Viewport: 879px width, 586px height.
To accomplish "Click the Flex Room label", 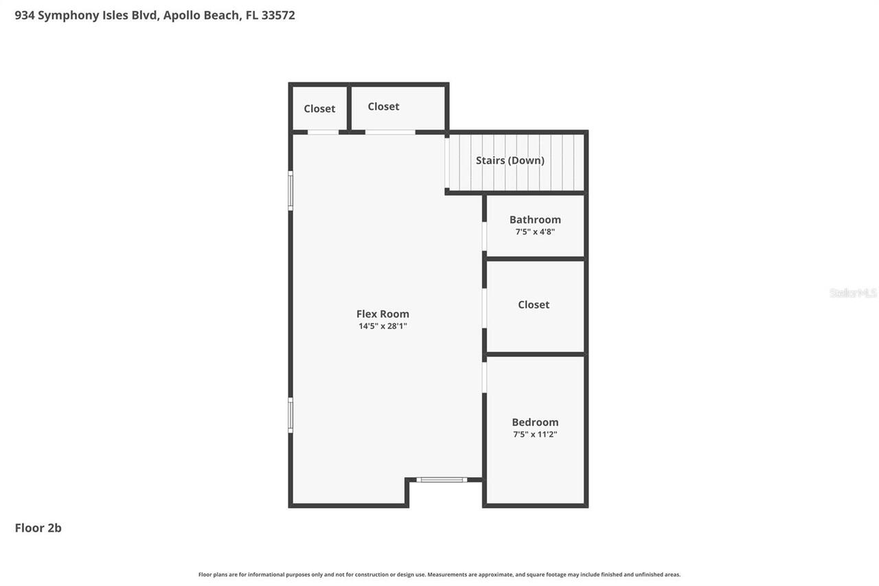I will click(x=383, y=314).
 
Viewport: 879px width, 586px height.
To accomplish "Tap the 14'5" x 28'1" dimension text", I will click(x=383, y=326).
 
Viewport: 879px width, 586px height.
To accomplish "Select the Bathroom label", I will click(x=535, y=220).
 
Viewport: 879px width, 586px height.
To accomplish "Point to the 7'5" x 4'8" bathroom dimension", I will click(x=535, y=232).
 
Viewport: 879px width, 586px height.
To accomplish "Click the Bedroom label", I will click(x=535, y=422).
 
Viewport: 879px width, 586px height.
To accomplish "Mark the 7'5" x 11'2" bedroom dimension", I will click(x=535, y=435).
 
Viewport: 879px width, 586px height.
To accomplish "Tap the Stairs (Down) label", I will click(x=510, y=161).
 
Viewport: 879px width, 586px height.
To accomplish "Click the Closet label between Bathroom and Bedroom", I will click(x=534, y=304).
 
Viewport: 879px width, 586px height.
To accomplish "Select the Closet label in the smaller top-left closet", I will click(x=319, y=109).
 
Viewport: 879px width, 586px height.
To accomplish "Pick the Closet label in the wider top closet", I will click(x=383, y=106).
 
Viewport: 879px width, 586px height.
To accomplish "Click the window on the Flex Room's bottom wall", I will click(x=442, y=480).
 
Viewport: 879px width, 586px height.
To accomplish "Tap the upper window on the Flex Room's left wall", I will click(x=290, y=191).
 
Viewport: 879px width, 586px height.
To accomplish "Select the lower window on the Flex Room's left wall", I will click(x=290, y=416).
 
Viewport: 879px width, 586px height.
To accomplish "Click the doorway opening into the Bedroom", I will click(x=484, y=377).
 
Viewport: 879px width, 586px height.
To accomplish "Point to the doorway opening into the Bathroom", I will click(x=484, y=236).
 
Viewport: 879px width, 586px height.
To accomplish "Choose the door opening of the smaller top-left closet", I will click(x=323, y=132).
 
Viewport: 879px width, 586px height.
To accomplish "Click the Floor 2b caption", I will click(x=38, y=528).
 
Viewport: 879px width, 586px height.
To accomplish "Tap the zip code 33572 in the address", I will click(x=278, y=15).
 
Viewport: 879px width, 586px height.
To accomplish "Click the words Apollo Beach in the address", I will click(x=202, y=15).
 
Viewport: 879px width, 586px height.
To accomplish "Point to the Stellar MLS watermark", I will click(x=853, y=293).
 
